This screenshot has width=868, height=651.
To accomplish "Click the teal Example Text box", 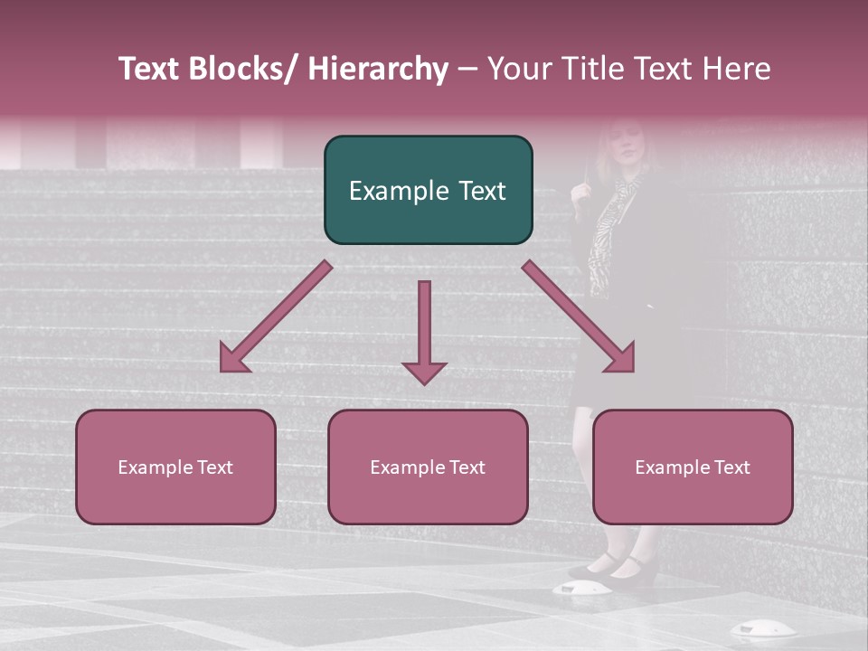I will (x=428, y=190).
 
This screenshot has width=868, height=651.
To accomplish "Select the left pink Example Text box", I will (x=175, y=467).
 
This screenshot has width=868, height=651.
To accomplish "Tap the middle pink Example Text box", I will (x=428, y=467).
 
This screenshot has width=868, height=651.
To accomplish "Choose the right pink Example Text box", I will (x=693, y=467).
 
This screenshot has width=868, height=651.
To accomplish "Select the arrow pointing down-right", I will (x=579, y=317).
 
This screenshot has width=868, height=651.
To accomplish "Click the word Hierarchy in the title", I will (x=377, y=70).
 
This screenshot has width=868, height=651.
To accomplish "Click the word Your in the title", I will (x=517, y=70).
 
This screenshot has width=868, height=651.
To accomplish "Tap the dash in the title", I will (x=467, y=70).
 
